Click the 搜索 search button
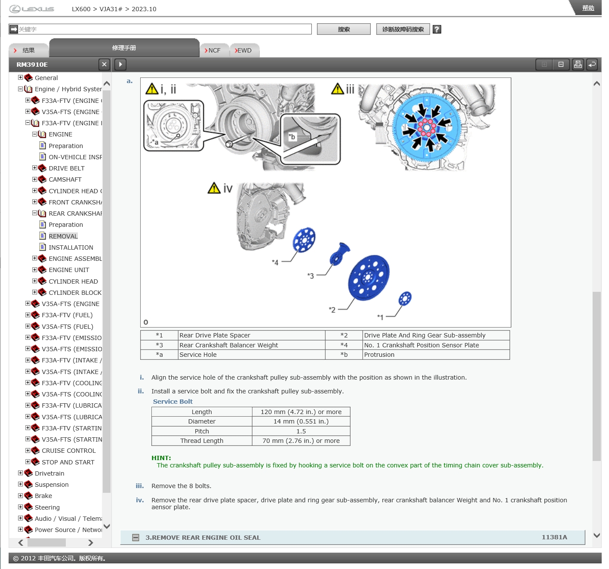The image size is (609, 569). (x=344, y=29)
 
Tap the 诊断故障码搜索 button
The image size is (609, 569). (x=403, y=29)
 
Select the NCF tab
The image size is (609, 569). (x=214, y=50)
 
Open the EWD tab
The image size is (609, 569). (x=244, y=50)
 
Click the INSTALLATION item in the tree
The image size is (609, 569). (x=71, y=247)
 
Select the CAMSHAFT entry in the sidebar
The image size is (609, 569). (x=65, y=179)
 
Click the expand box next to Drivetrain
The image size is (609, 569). (x=21, y=473)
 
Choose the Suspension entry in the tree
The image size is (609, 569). (x=52, y=485)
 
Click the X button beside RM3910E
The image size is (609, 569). (x=104, y=65)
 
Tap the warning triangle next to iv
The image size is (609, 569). (x=214, y=188)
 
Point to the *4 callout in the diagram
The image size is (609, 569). (x=275, y=263)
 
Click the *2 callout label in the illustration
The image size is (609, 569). (x=332, y=309)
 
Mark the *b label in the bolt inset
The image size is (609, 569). (x=292, y=136)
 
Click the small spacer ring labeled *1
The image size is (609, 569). (x=405, y=299)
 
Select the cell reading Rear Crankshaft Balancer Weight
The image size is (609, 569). (x=228, y=345)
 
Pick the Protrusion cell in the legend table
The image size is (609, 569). (x=379, y=355)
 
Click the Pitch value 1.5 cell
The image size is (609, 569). (x=301, y=431)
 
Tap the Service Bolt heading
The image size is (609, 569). (x=172, y=402)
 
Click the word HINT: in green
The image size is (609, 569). (x=161, y=458)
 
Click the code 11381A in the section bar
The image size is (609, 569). (x=554, y=537)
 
